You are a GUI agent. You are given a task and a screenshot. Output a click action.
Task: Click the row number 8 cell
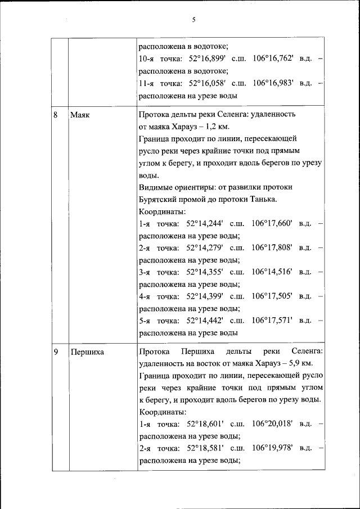tap(56, 115)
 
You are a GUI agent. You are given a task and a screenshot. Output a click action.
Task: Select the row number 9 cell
tap(56, 352)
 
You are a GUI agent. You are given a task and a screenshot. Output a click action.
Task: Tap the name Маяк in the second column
tap(80, 115)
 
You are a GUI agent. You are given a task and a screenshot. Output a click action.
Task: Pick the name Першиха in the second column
tap(87, 352)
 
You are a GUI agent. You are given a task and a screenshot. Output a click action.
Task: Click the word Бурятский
tap(158, 200)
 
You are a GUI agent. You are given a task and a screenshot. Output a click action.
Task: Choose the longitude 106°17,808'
tap(272, 247)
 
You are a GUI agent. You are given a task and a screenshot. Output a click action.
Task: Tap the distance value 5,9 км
tap(307, 363)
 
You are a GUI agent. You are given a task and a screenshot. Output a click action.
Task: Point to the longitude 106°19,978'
tap(273, 448)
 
